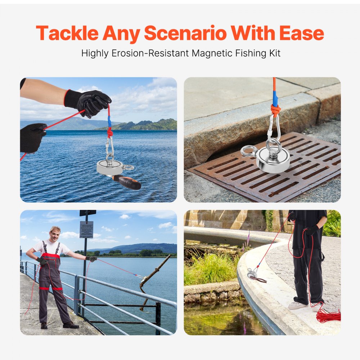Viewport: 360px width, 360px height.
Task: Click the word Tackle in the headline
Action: pos(67,33)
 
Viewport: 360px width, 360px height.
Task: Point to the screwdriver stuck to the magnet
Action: pos(127,182)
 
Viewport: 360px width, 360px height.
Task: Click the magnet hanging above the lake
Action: pos(109,167)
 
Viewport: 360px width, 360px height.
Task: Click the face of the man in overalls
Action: pos(55,234)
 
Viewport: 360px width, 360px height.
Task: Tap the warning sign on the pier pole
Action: pos(86,229)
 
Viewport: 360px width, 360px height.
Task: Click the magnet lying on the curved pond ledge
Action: pos(252,275)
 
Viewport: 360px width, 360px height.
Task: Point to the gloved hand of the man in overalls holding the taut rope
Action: pos(92,258)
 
